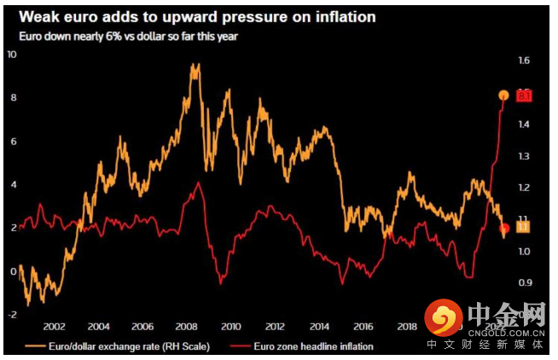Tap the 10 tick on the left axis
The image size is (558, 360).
pos(11,55)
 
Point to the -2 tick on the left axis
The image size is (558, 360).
pos(11,315)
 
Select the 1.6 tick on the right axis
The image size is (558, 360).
pos(523,61)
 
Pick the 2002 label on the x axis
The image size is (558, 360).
pos(55,327)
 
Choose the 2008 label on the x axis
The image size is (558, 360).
pos(187,327)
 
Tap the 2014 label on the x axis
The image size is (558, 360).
pos(319,327)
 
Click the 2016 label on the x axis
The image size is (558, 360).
pos(363,327)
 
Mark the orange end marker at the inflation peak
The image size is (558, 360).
pos(504,96)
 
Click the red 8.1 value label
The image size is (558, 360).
pos(524,96)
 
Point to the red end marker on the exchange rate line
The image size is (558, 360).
pos(504,228)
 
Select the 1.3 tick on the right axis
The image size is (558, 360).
pos(523,156)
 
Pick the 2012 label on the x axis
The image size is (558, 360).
pos(275,327)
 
